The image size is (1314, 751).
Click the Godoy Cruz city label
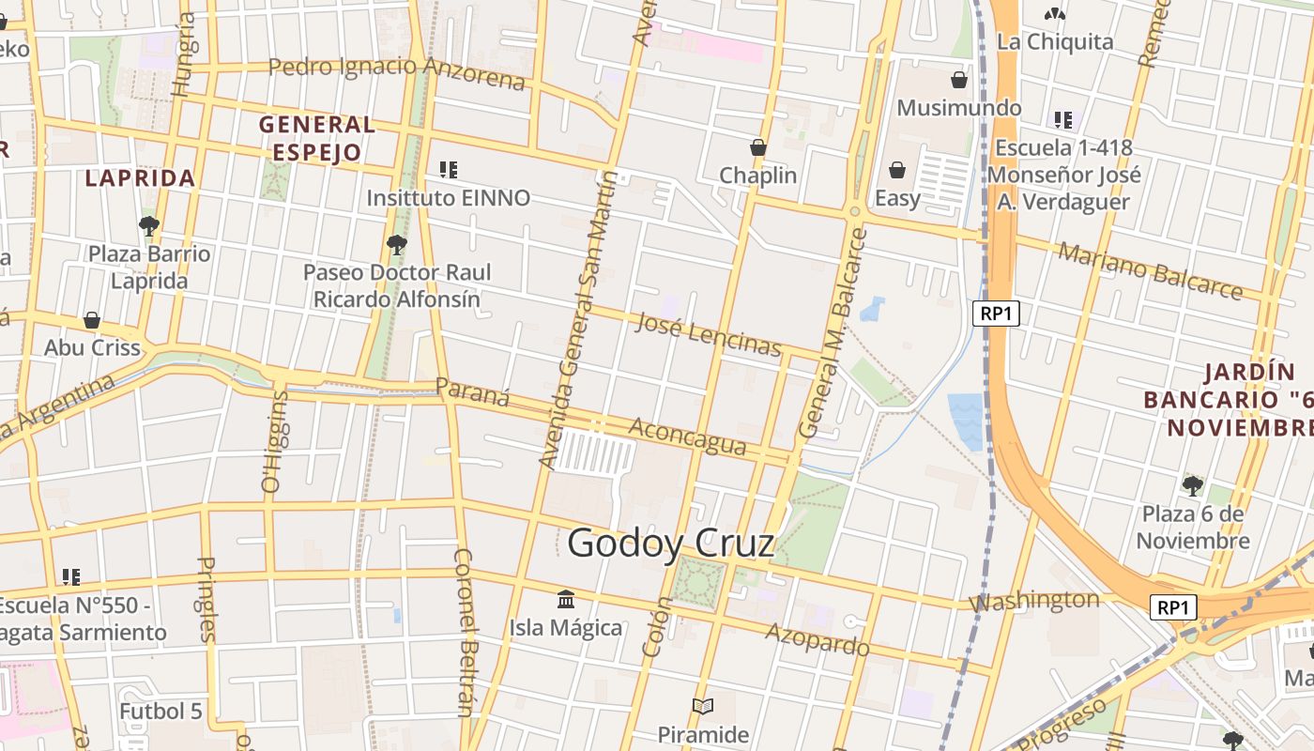click(x=671, y=544)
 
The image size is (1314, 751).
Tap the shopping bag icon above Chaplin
click(x=758, y=147)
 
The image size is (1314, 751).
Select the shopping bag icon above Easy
click(x=897, y=170)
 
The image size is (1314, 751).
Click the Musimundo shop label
click(x=958, y=107)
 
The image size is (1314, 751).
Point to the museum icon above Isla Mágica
click(x=566, y=599)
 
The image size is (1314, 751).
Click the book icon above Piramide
click(x=702, y=706)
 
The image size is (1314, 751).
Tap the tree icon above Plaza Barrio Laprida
click(x=148, y=225)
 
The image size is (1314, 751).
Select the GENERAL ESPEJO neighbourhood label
click(x=316, y=138)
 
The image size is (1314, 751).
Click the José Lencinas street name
click(x=708, y=334)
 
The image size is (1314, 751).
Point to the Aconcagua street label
click(x=687, y=437)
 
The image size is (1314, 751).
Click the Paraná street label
click(x=472, y=391)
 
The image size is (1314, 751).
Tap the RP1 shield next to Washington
click(x=1172, y=607)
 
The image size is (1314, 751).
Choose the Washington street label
click(x=1033, y=600)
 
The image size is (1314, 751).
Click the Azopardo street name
click(x=817, y=639)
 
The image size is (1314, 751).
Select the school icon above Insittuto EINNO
click(x=449, y=170)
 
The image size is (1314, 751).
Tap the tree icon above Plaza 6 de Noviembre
click(x=1192, y=485)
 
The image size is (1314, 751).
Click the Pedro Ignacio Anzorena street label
click(x=397, y=71)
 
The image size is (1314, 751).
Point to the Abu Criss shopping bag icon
click(x=92, y=320)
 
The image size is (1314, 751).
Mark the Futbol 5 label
click(x=160, y=711)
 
